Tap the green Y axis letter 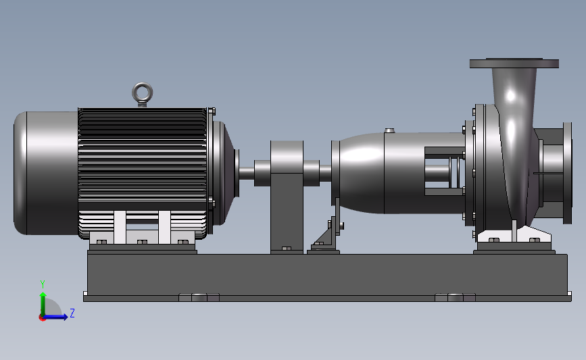click(43, 284)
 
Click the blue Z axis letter click(72, 313)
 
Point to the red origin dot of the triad click(42, 318)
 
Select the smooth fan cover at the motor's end click(45, 173)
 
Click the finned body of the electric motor click(143, 172)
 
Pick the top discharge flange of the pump click(514, 63)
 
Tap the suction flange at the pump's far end click(567, 174)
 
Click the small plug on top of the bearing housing click(389, 131)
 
